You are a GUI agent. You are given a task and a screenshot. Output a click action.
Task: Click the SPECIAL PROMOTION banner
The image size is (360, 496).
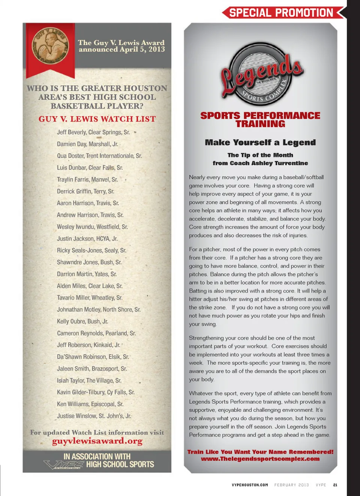(281, 13)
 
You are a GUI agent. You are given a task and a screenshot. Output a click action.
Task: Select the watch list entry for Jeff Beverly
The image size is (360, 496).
(93, 132)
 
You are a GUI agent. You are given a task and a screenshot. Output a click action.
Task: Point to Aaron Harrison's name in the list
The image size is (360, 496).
(88, 203)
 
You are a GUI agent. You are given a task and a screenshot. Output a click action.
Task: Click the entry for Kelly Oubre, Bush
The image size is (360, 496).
(82, 321)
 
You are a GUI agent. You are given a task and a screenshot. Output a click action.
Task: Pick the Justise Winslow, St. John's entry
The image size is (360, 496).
(94, 416)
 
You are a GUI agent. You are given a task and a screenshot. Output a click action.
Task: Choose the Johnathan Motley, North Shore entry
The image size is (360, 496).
(99, 309)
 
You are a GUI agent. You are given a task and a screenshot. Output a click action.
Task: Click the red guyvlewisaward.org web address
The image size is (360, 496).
(97, 441)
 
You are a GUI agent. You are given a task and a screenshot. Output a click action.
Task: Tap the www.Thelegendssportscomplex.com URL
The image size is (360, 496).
(260, 459)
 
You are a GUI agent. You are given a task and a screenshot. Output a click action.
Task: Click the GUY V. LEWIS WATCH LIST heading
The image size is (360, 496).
(97, 119)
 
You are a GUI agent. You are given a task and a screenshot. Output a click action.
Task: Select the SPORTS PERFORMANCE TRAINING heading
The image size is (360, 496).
(260, 120)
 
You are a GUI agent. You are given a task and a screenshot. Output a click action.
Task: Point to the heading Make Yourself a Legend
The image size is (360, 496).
(260, 142)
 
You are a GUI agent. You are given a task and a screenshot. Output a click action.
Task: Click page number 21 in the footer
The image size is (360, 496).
(335, 485)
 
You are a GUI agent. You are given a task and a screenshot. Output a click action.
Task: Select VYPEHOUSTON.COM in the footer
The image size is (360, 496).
(250, 485)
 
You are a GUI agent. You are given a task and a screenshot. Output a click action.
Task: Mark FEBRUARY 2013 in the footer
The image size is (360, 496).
(291, 485)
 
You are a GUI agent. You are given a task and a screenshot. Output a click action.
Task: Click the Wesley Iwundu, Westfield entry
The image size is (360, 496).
(92, 227)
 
